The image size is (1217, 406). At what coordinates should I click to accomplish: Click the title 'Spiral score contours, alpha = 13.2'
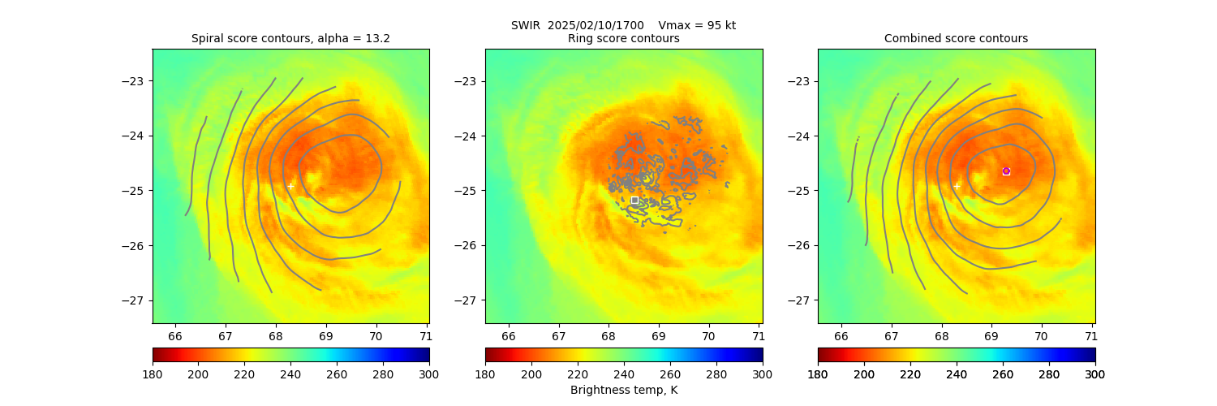pos(290,38)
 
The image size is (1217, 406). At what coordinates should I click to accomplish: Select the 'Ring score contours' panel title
pos(623,38)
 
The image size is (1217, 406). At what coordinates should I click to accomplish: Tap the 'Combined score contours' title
pos(956,38)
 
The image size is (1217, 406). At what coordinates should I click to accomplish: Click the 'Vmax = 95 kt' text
pos(697,25)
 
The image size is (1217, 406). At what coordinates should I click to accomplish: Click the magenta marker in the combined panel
pos(1006,171)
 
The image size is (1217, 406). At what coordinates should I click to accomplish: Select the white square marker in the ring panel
pos(634,200)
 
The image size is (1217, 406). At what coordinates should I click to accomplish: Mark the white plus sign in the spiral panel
pos(290,186)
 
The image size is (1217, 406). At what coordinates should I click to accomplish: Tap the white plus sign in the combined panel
pos(957,186)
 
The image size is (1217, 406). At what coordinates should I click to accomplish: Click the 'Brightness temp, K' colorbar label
pos(623,391)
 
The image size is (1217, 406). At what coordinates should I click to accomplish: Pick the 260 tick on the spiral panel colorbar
pos(337,374)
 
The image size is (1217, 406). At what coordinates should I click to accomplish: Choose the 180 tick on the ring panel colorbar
pos(485,374)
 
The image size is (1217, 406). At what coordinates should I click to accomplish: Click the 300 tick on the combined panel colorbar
pos(1095,374)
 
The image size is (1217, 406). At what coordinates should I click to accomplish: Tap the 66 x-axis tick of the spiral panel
pos(175,335)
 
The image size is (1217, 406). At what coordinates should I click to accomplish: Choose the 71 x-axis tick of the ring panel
pos(758,335)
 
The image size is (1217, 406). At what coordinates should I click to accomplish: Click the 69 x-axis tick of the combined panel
pos(991,335)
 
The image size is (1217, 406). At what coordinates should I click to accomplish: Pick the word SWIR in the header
pos(524,25)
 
